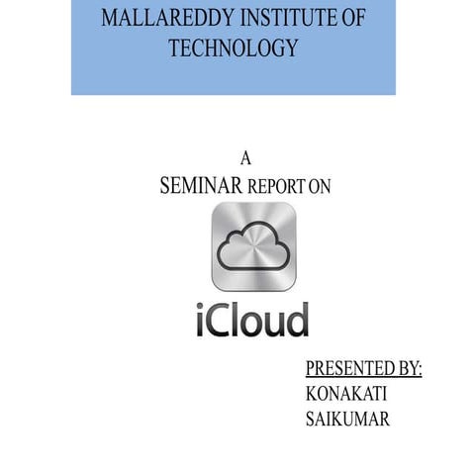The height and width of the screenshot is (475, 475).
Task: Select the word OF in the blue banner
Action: (x=350, y=18)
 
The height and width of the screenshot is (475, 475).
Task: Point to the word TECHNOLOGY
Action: (x=234, y=48)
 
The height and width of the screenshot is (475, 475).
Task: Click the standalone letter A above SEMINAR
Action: (x=246, y=158)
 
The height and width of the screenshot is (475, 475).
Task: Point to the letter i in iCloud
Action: (x=196, y=319)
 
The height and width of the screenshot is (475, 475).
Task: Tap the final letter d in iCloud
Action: (x=295, y=319)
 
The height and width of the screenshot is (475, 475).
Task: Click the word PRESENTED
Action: (x=343, y=369)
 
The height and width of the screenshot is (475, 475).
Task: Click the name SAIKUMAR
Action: (x=349, y=419)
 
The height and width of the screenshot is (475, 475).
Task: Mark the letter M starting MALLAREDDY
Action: (x=111, y=18)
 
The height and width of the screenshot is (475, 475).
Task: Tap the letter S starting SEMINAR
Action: (x=164, y=187)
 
